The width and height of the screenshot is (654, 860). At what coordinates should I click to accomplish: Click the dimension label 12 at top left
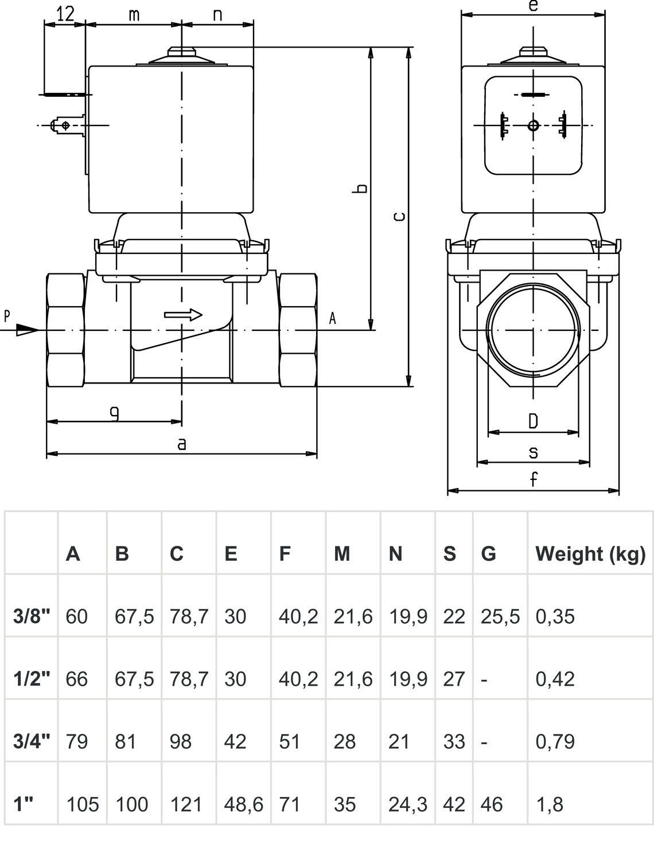[x=66, y=14]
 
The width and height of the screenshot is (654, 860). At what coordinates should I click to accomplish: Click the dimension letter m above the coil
[x=134, y=14]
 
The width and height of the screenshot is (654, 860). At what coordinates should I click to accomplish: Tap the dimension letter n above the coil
[x=217, y=14]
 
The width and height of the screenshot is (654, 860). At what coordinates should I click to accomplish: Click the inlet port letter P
[x=7, y=315]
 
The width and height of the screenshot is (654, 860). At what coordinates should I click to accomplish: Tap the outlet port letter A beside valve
[x=332, y=319]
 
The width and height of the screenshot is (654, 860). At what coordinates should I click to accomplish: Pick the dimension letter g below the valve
[x=115, y=412]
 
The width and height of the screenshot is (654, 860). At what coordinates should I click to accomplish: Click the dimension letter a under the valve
[x=181, y=444]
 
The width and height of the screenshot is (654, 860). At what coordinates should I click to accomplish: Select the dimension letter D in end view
[x=533, y=421]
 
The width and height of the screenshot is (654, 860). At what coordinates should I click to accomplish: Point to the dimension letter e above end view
[x=533, y=6]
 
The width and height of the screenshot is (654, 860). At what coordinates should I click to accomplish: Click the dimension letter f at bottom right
[x=534, y=479]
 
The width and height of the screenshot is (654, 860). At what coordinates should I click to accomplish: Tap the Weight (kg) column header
[x=590, y=553]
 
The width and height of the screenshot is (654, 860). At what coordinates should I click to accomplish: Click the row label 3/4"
[x=32, y=741]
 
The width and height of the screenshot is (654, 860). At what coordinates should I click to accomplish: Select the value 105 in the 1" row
[x=82, y=804]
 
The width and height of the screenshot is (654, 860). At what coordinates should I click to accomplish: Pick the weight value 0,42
[x=555, y=679]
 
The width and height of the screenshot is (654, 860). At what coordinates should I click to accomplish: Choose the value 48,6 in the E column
[x=243, y=804]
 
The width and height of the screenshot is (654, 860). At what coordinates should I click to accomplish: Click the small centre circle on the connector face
[x=534, y=125]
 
